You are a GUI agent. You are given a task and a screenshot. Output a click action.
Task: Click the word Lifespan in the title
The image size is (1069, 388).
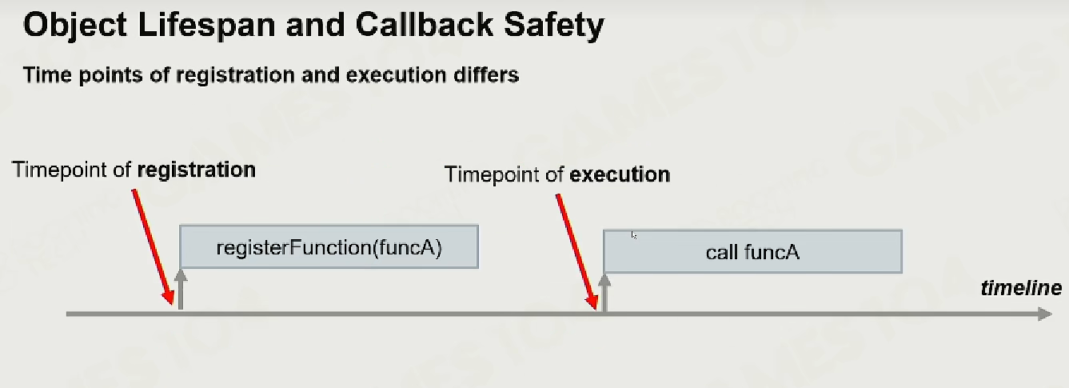pyautogui.click(x=206, y=25)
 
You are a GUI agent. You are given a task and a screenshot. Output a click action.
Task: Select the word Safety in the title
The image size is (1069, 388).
pyautogui.click(x=554, y=26)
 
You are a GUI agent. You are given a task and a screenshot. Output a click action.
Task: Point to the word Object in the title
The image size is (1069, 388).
pyautogui.click(x=75, y=26)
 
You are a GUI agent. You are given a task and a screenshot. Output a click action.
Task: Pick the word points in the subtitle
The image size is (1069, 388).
pyautogui.click(x=110, y=75)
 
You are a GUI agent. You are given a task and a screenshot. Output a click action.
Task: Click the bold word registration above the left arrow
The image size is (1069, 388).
pyautogui.click(x=196, y=170)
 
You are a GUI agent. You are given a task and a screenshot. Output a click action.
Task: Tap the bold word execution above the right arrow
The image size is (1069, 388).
pyautogui.click(x=620, y=174)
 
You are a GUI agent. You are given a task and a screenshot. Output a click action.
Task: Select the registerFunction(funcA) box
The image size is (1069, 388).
pyautogui.click(x=329, y=246)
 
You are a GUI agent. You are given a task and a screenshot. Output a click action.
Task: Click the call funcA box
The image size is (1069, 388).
pyautogui.click(x=752, y=251)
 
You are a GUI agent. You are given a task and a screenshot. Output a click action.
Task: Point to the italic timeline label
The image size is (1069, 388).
pyautogui.click(x=1021, y=288)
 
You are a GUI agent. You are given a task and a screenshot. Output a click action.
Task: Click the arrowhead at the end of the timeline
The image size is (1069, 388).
pyautogui.click(x=1045, y=314)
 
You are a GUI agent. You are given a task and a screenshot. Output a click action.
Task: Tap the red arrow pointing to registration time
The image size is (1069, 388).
pyautogui.click(x=153, y=246)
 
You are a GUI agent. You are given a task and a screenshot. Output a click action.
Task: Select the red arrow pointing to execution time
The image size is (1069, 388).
pyautogui.click(x=576, y=252)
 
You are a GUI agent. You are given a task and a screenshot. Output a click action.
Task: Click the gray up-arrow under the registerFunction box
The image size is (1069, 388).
pyautogui.click(x=181, y=290)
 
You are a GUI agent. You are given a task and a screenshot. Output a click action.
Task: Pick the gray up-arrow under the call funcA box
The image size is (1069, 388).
pyautogui.click(x=604, y=293)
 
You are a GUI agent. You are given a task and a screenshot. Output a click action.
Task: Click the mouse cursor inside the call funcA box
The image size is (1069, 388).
pyautogui.click(x=634, y=235)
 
